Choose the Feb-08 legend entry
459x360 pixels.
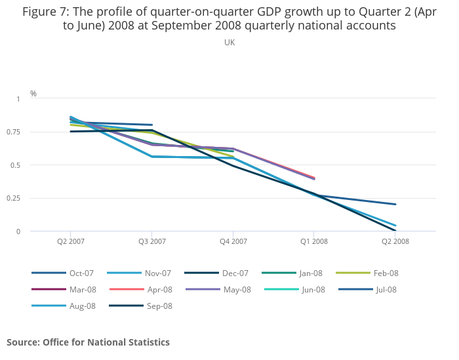(386, 273)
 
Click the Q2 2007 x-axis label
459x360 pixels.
(71, 241)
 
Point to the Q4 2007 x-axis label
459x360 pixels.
(233, 241)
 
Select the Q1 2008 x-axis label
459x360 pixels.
(314, 241)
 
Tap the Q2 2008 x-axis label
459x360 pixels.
(395, 241)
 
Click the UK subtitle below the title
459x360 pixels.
(229, 43)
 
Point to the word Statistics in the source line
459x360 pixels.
(148, 342)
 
